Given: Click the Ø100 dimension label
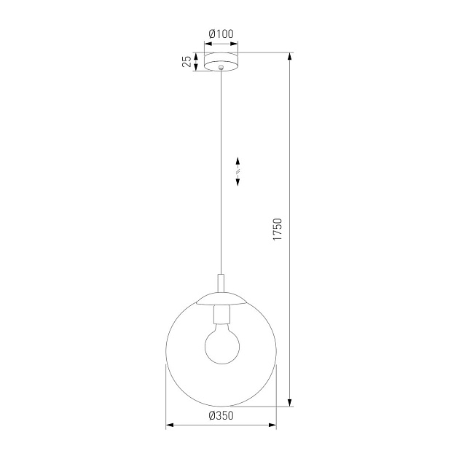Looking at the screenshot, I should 221,34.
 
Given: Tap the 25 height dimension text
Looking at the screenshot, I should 187,61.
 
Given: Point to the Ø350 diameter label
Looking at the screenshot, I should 221,416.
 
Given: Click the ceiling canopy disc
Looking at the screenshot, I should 221,61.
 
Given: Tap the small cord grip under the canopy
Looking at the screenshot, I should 221,70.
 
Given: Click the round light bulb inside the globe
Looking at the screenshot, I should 221,345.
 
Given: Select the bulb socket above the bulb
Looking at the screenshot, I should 221,314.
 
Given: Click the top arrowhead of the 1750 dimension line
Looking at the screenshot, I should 291,56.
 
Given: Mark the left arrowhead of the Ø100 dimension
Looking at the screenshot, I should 206,43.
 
